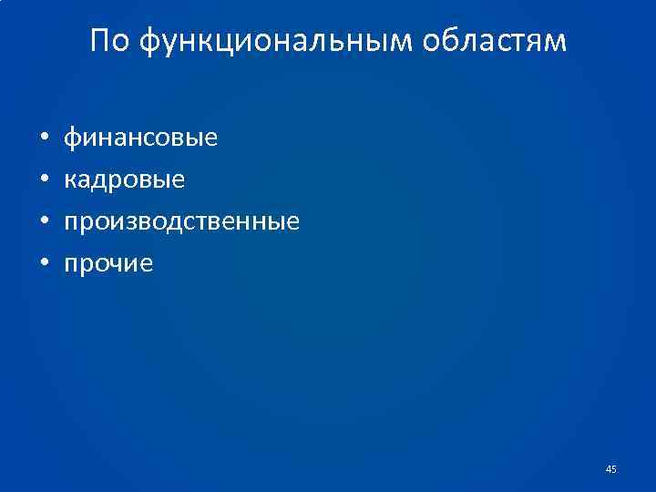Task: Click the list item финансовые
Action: click(x=139, y=138)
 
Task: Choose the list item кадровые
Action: click(x=123, y=180)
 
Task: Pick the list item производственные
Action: click(x=180, y=222)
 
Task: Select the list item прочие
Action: click(x=108, y=264)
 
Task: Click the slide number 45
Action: click(x=610, y=469)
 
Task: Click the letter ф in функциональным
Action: click(x=152, y=43)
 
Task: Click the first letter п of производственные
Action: click(x=69, y=223)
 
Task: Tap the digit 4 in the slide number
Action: click(x=608, y=469)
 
